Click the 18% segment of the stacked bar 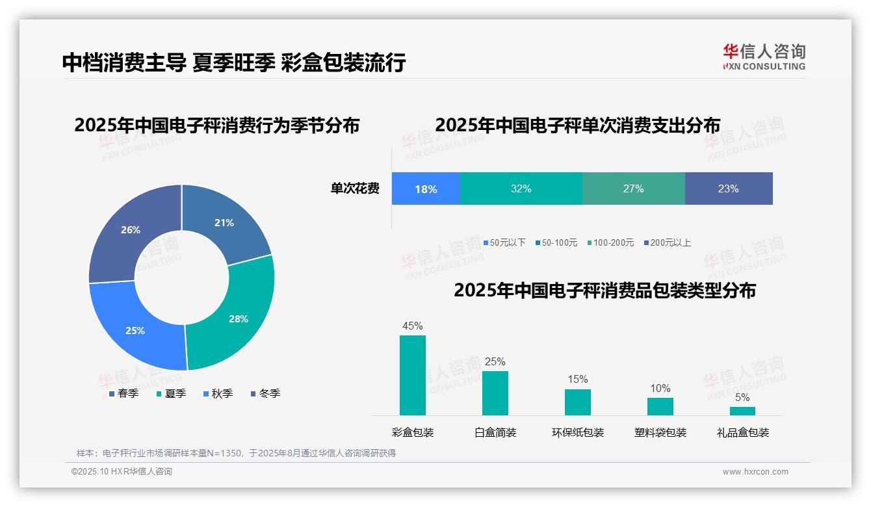click(x=426, y=188)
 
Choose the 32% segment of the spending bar click(x=521, y=188)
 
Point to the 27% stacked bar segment click(x=633, y=188)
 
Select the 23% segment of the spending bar click(x=728, y=188)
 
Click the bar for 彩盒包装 click(x=413, y=375)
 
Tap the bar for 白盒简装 click(x=495, y=393)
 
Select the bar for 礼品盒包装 click(x=742, y=411)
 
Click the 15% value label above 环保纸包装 click(x=577, y=379)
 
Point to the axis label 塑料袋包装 click(x=660, y=432)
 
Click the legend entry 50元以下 click(x=504, y=242)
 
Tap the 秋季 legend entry click(x=218, y=393)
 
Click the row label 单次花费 click(x=355, y=188)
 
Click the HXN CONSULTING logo click(x=764, y=57)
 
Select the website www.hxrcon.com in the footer click(x=755, y=472)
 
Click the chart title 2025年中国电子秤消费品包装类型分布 click(x=604, y=290)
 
